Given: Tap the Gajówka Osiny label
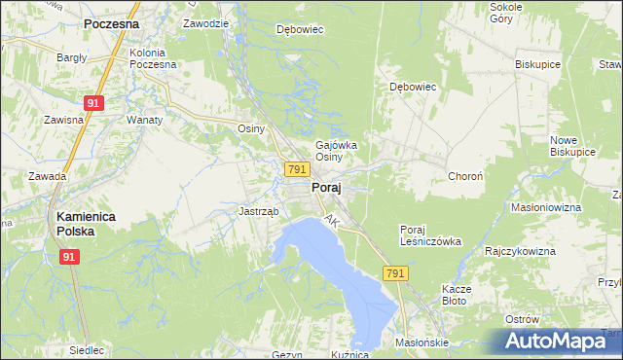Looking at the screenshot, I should coord(335,151).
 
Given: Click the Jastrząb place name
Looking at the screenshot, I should coord(259,211).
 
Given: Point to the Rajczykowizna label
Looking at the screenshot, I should coord(520,251).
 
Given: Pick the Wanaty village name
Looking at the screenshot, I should coord(143,120).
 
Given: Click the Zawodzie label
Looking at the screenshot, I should coord(204,22).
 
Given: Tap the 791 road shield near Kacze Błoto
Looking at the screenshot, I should coord(394,275).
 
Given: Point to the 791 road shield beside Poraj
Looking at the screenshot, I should coord(298,169).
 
